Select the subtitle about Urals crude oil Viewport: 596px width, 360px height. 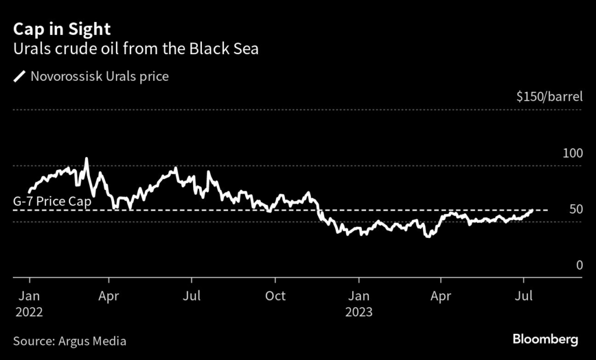point(136,49)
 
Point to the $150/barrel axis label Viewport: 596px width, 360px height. point(549,97)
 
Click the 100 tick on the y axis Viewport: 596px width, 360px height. point(573,154)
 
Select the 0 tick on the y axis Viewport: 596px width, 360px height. point(579,265)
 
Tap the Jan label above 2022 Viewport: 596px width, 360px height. point(29,296)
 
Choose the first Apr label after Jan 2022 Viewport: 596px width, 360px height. point(109,296)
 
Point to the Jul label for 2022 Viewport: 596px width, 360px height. point(191,296)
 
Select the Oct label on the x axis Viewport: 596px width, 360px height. point(275,296)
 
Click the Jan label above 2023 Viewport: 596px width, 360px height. point(359,296)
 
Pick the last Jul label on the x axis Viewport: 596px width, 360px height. point(524,296)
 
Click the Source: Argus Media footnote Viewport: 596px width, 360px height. point(69,341)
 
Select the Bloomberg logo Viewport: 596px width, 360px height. point(545,340)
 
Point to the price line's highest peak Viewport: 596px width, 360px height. point(87,158)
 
